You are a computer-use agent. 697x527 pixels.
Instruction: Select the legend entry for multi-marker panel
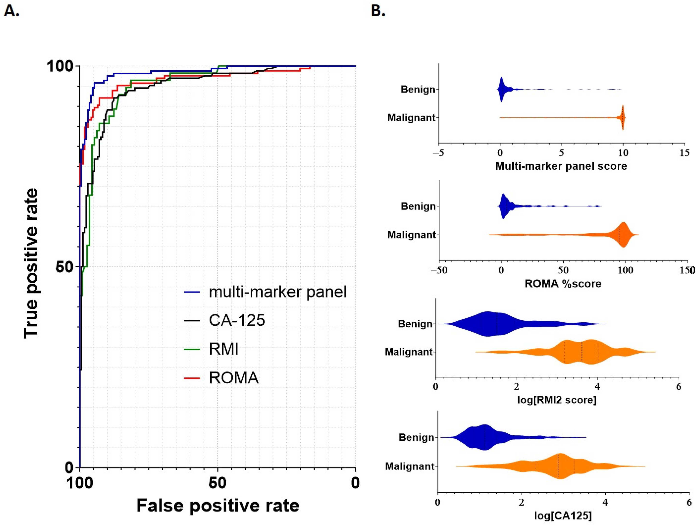click(277, 292)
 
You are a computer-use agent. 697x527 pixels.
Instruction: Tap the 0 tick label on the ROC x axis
click(355, 483)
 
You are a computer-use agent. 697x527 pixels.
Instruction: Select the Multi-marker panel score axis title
click(561, 166)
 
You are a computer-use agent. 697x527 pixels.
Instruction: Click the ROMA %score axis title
click(563, 283)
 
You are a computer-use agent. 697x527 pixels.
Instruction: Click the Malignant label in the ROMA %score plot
click(411, 235)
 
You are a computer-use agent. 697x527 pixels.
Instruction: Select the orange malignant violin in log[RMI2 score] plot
click(583, 352)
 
